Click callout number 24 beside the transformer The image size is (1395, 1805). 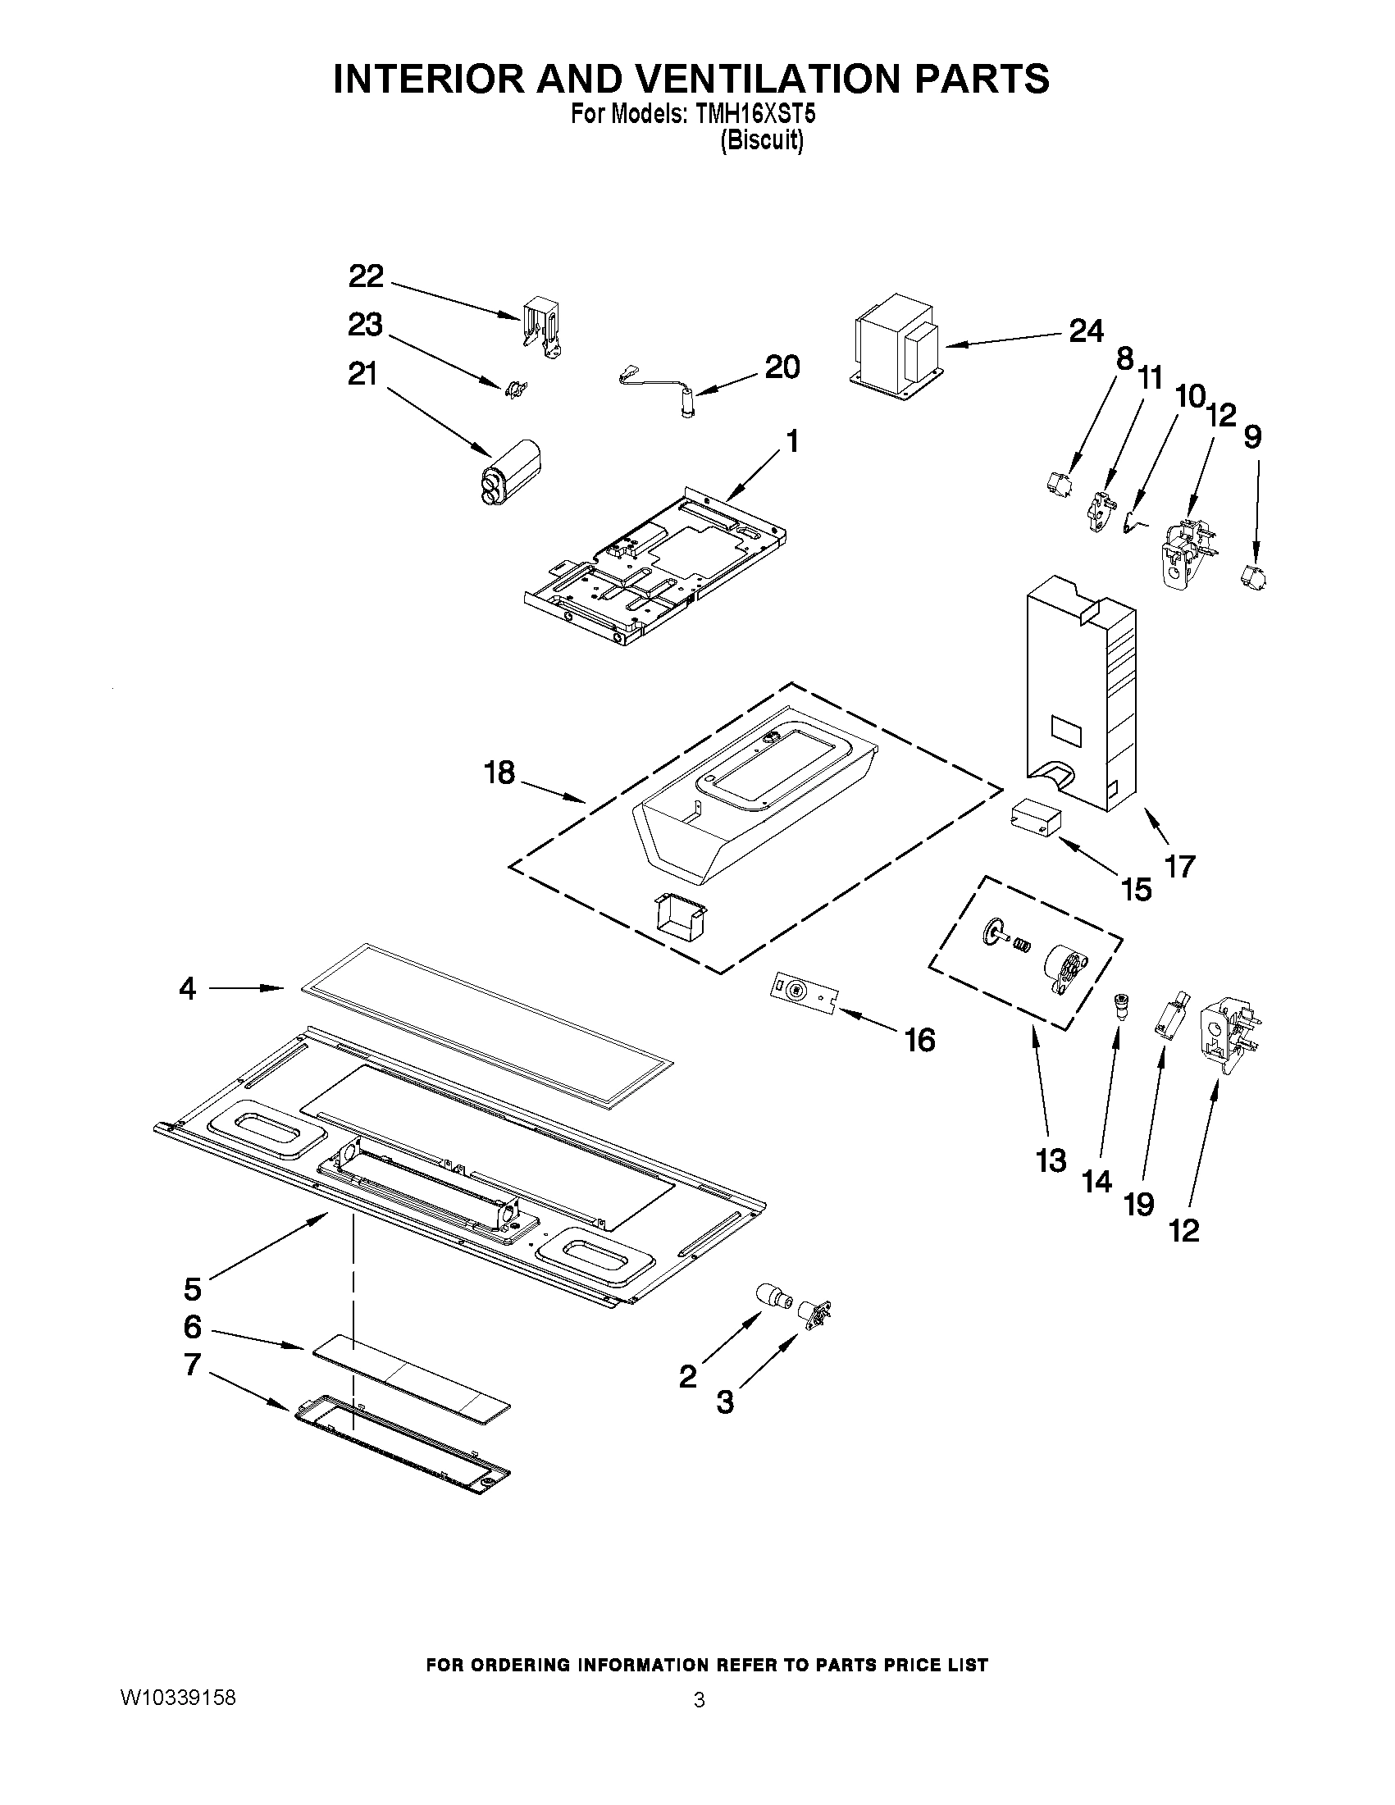coord(1086,331)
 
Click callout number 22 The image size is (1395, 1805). coord(366,276)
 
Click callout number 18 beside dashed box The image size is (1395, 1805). coord(500,773)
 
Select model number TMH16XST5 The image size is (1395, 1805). coord(755,115)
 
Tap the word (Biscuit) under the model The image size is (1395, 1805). coord(761,141)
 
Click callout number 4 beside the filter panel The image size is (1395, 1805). coord(188,988)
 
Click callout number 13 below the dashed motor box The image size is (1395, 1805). coord(1051,1161)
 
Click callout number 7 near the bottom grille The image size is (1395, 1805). coord(192,1365)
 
